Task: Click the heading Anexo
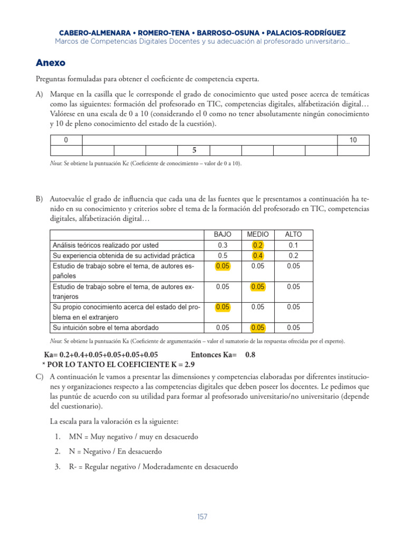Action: (x=51, y=63)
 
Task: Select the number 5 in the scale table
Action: (x=194, y=150)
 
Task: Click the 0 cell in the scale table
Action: (x=66, y=140)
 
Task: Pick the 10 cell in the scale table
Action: (x=353, y=140)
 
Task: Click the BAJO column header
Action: (x=223, y=234)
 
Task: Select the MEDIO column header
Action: (x=258, y=234)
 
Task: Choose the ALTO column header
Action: (x=293, y=234)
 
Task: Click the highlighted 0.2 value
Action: (x=258, y=245)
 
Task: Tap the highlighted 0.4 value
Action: (x=258, y=255)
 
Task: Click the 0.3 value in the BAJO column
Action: (x=223, y=245)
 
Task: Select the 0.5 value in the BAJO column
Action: (x=223, y=255)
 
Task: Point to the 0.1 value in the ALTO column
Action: (x=293, y=245)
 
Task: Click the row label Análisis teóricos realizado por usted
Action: (x=105, y=245)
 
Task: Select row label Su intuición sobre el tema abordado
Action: (x=104, y=327)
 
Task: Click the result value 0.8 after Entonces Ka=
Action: (x=250, y=355)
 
